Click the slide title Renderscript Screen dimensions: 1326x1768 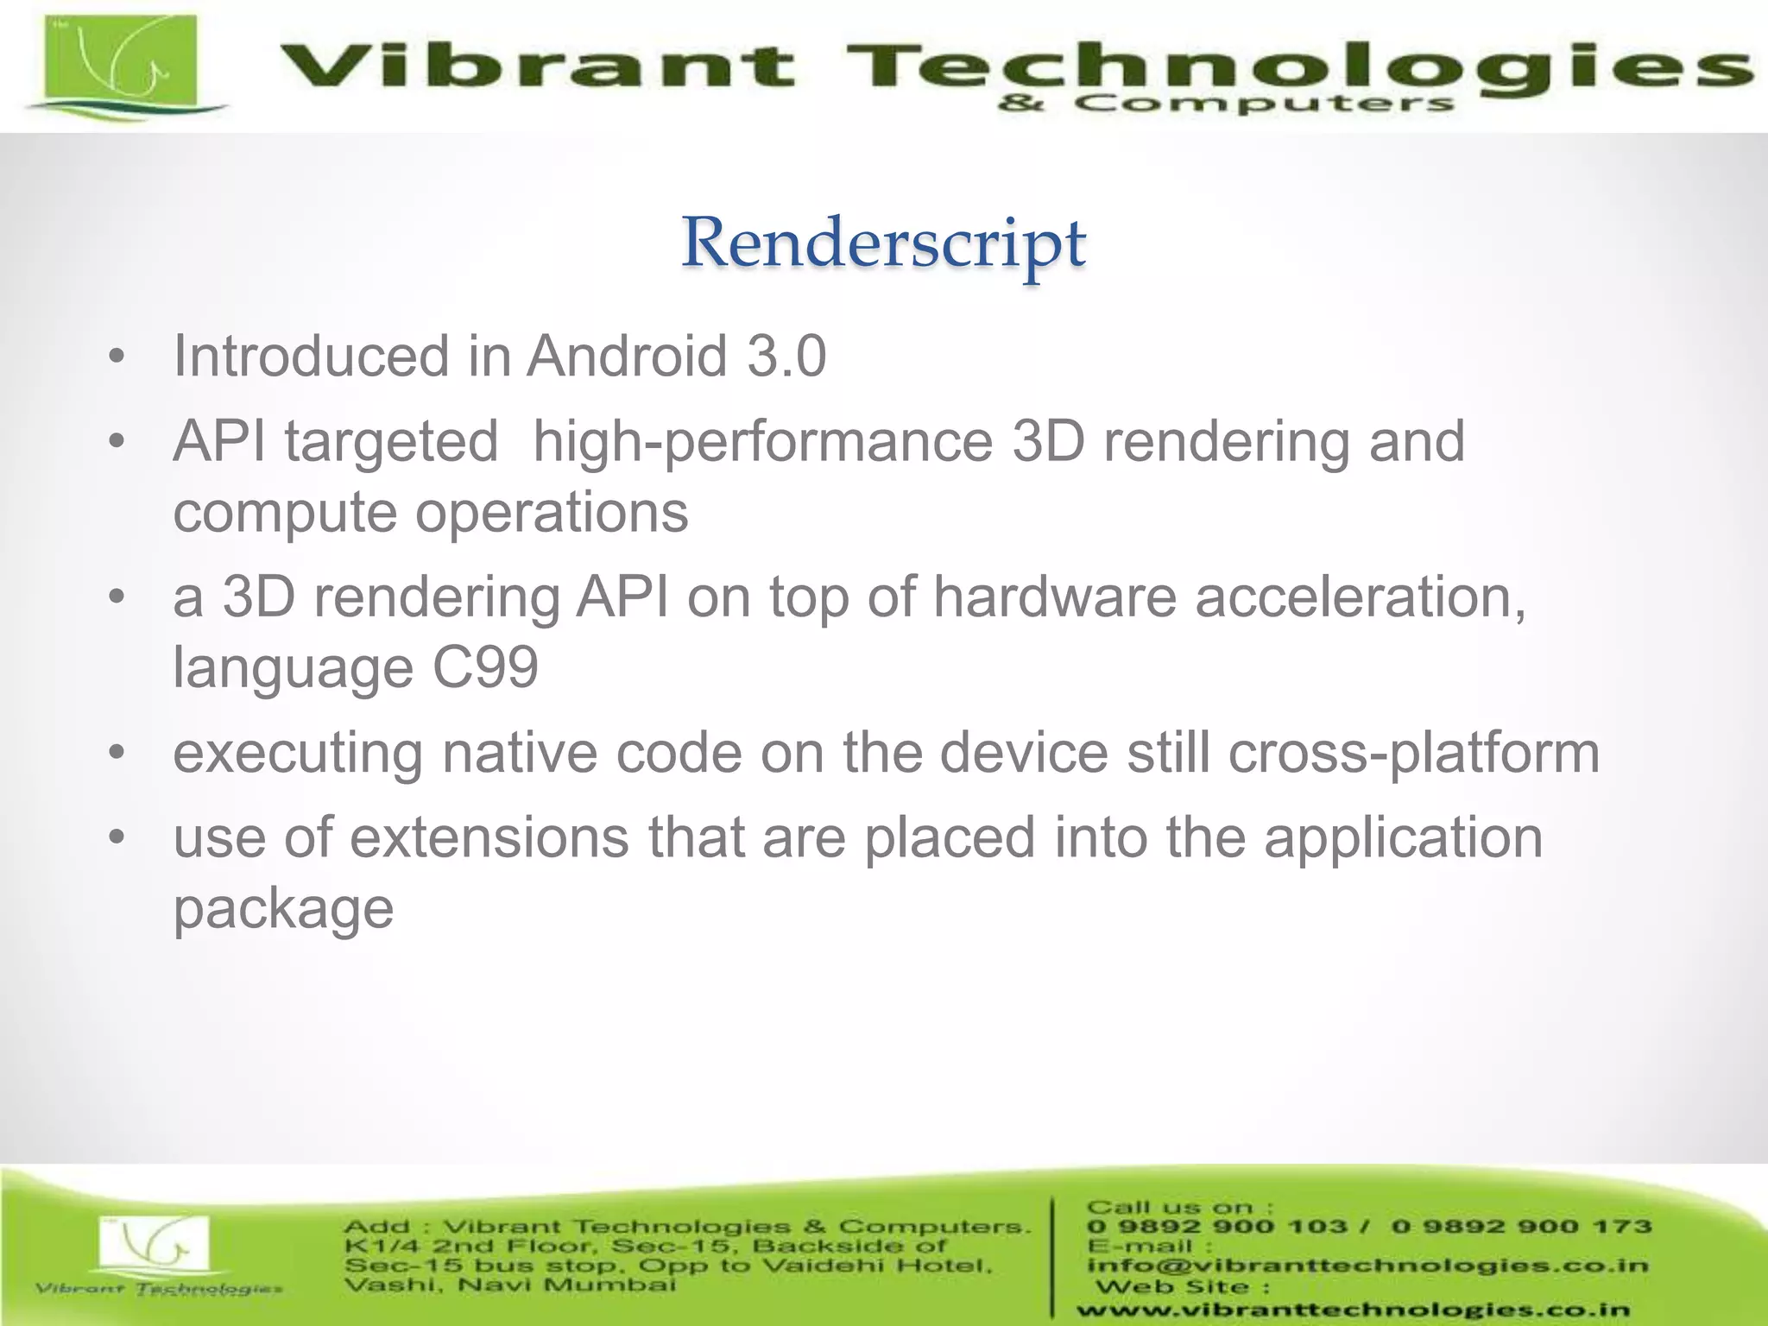coord(883,244)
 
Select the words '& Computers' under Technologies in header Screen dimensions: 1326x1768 coord(1226,105)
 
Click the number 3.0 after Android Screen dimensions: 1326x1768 coord(786,356)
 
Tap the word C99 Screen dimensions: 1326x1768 coord(485,667)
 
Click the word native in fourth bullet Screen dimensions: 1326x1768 coord(519,753)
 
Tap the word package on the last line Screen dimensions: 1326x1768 coord(283,908)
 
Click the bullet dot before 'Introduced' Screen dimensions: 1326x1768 coord(117,357)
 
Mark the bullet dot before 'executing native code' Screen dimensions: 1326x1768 coord(117,754)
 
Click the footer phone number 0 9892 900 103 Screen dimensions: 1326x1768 coord(1216,1227)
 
